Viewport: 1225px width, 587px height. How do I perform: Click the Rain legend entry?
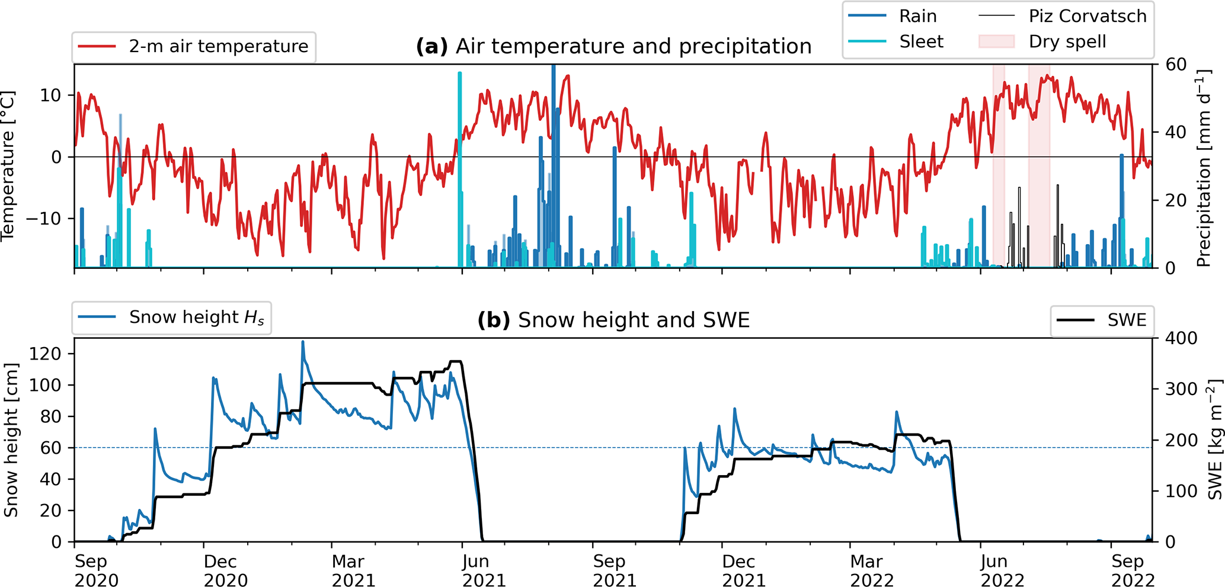click(x=917, y=16)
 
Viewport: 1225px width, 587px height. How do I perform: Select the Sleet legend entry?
click(x=921, y=41)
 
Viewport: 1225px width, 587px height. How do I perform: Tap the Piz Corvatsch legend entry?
click(x=1088, y=16)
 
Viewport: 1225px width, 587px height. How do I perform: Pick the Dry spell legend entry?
click(x=1067, y=41)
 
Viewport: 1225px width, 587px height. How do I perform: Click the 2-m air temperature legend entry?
click(x=218, y=46)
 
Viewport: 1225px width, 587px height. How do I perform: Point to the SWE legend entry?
click(x=1127, y=320)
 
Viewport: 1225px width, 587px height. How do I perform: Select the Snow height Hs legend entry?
click(x=196, y=317)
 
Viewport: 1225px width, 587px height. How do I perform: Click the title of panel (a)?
click(x=613, y=46)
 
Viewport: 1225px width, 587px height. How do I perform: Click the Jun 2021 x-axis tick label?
click(x=484, y=570)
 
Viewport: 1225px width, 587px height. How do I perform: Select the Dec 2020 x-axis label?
click(x=225, y=570)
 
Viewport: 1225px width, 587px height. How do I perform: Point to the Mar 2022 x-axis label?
click(x=872, y=570)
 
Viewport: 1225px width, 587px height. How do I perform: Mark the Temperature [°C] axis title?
click(x=8, y=166)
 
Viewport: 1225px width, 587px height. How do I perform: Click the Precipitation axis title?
click(x=1203, y=169)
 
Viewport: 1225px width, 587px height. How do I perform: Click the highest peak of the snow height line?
click(x=303, y=342)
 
